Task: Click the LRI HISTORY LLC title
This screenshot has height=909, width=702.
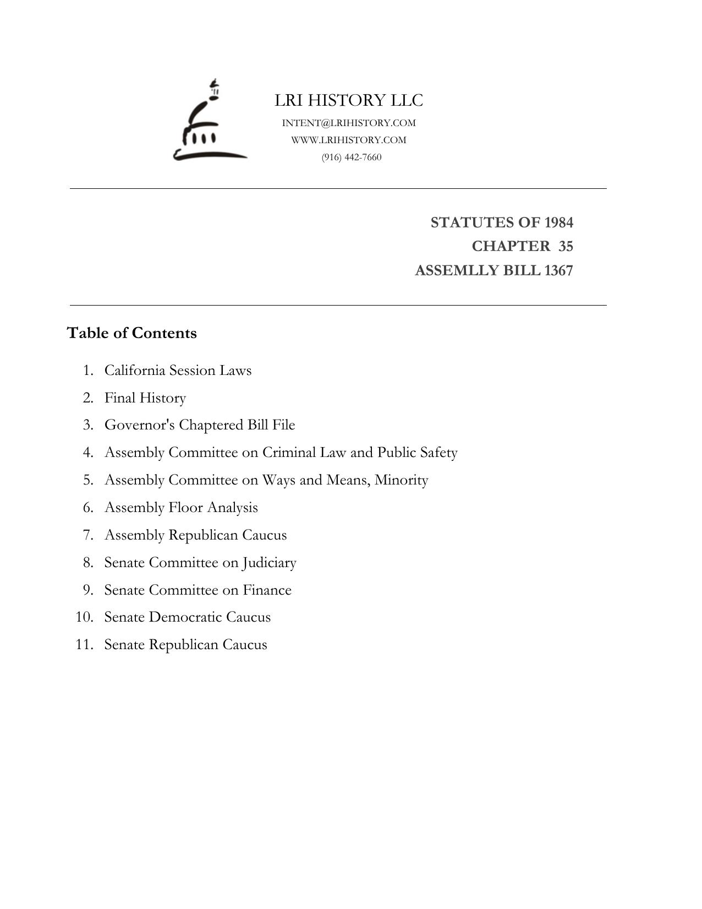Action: [349, 100]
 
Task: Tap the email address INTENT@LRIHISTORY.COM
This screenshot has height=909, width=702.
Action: [349, 123]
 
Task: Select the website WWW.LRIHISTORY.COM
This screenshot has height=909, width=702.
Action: [349, 140]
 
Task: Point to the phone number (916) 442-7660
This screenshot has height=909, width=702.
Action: [352, 157]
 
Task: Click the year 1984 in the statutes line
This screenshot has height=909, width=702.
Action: [558, 222]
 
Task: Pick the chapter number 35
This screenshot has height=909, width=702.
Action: [566, 246]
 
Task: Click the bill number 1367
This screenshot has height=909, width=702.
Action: [558, 271]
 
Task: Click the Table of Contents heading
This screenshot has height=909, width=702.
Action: [131, 333]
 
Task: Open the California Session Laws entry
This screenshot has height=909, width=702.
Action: [178, 370]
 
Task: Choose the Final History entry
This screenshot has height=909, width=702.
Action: [145, 398]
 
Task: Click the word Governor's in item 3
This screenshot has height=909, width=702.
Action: [140, 425]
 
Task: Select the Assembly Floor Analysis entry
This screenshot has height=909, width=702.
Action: [181, 508]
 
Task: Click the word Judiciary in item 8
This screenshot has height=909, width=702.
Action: [269, 563]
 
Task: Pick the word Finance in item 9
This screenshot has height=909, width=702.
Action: [267, 590]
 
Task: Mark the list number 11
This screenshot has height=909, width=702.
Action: [84, 645]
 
